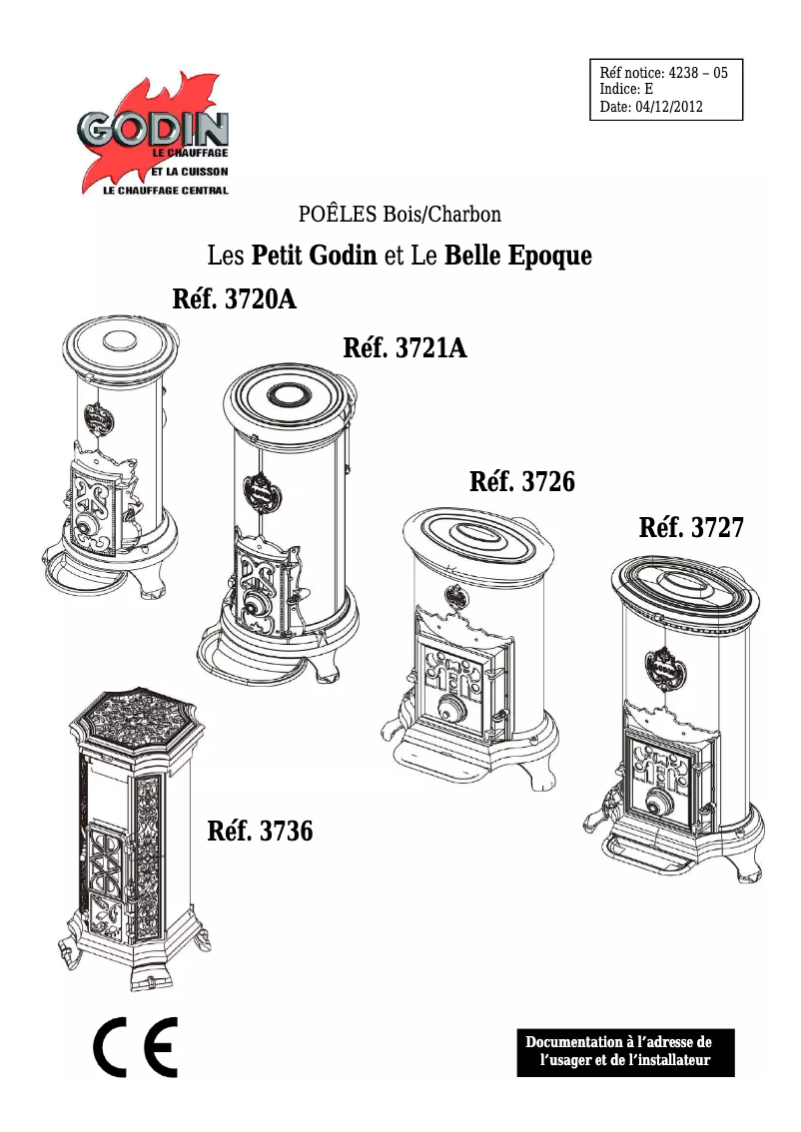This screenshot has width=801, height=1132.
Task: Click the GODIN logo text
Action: (x=154, y=129)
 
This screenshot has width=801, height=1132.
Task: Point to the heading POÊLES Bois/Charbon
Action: (x=400, y=214)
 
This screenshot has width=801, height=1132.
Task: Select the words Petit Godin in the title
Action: (x=315, y=256)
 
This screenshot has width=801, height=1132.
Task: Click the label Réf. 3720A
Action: (x=236, y=299)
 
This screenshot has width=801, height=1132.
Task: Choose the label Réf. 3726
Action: (x=521, y=482)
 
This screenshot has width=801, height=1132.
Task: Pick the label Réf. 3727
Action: (x=691, y=527)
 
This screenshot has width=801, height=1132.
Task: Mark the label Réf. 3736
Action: (x=260, y=831)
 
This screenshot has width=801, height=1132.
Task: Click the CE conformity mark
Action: (x=135, y=1049)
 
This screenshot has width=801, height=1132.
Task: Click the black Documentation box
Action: (x=625, y=1052)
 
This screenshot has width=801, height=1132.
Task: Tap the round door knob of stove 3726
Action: (x=451, y=712)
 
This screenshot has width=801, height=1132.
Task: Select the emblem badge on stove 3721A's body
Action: (x=263, y=491)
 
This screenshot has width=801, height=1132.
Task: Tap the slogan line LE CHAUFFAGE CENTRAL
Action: (x=166, y=190)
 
